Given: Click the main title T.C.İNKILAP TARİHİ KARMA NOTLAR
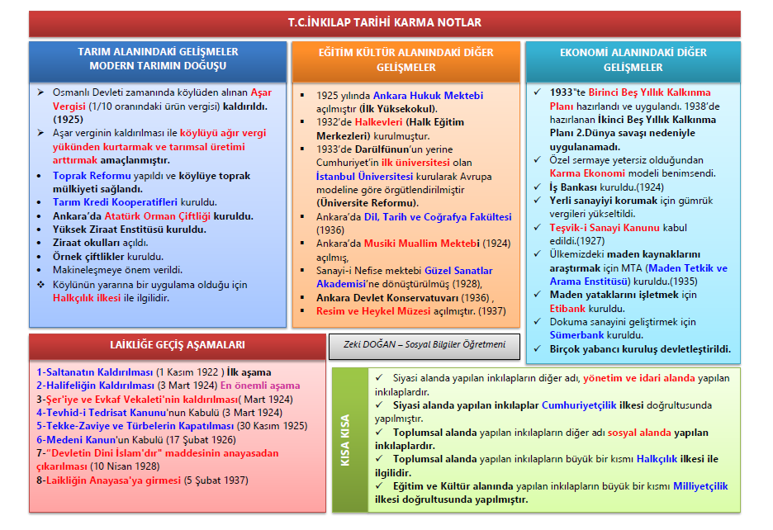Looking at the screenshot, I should [x=386, y=22].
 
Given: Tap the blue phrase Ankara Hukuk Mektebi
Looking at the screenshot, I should [x=428, y=96].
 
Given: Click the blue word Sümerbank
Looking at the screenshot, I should [x=577, y=334].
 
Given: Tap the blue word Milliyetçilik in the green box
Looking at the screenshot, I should [x=700, y=486].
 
